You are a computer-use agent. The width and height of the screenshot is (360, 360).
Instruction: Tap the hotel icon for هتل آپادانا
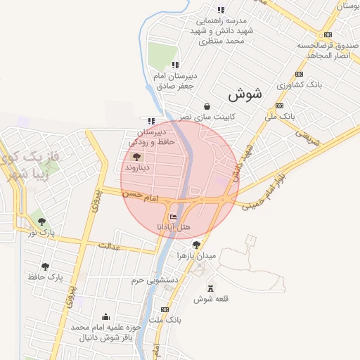[x=174, y=216]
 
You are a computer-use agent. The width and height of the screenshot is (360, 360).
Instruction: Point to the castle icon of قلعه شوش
[x=210, y=288]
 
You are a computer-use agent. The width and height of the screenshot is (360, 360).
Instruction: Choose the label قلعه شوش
[x=211, y=300]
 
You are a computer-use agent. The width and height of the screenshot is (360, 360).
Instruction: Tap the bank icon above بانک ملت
[x=165, y=309]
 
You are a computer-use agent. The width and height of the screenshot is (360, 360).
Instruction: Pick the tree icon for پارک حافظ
[x=46, y=266]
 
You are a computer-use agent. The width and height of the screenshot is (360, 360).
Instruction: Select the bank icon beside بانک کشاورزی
[x=300, y=74]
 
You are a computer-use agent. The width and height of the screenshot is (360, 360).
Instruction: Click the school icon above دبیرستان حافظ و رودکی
[x=151, y=120]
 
